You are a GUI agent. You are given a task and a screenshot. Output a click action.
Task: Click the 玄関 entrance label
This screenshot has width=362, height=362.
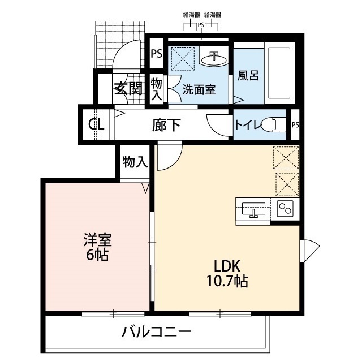pyautogui.click(x=128, y=89)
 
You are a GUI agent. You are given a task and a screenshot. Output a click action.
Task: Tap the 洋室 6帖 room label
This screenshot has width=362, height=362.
pyautogui.click(x=98, y=247)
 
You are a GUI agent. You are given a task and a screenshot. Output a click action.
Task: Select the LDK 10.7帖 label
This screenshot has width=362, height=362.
pyautogui.click(x=227, y=273)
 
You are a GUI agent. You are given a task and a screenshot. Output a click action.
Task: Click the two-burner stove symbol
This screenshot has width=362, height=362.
pyautogui.click(x=285, y=210)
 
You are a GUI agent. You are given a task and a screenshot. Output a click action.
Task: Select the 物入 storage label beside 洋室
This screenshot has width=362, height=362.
pyautogui.click(x=135, y=162)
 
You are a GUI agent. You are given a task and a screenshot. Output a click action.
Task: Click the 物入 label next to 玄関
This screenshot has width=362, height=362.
pyautogui.click(x=157, y=89)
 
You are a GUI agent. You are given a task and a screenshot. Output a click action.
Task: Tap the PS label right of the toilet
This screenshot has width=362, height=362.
pyautogui.click(x=295, y=125)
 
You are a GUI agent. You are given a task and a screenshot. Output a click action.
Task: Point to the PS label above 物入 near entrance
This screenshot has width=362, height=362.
pyautogui.click(x=157, y=55)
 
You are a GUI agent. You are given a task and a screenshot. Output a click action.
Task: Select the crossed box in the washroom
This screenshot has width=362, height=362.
pyautogui.click(x=184, y=58)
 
